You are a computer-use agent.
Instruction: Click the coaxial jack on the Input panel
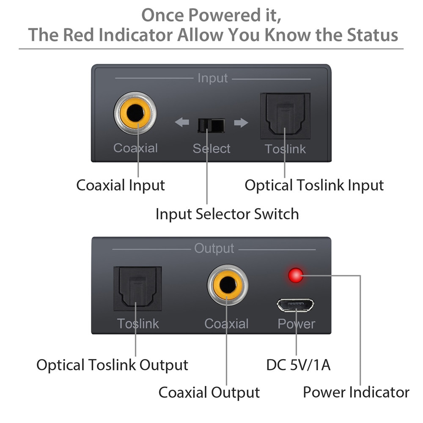[x=135, y=113]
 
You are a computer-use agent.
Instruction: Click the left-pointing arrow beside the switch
[x=182, y=123]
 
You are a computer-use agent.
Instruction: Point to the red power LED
[x=296, y=275]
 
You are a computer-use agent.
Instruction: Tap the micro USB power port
[x=296, y=304]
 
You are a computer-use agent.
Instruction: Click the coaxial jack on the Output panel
[x=228, y=285]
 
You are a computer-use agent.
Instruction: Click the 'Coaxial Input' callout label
[x=121, y=185]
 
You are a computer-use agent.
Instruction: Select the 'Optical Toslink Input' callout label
[x=314, y=185]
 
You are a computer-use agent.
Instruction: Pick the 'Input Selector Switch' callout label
[x=227, y=214]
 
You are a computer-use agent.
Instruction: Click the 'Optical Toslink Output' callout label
[x=112, y=365]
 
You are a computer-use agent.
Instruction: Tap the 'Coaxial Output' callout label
[x=209, y=392]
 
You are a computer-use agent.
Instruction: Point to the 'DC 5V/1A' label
[x=298, y=365]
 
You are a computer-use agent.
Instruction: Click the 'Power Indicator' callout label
[x=356, y=392]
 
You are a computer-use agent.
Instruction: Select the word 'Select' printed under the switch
[x=211, y=148]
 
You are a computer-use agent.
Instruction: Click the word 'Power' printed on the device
[x=296, y=324]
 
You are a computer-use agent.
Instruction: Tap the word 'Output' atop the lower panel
[x=214, y=249]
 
